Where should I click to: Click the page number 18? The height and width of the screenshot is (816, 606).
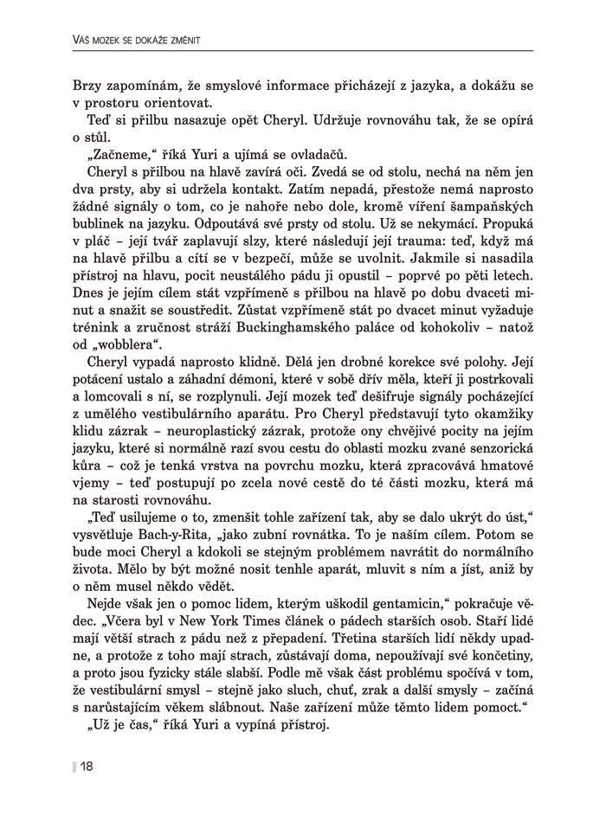(87, 765)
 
